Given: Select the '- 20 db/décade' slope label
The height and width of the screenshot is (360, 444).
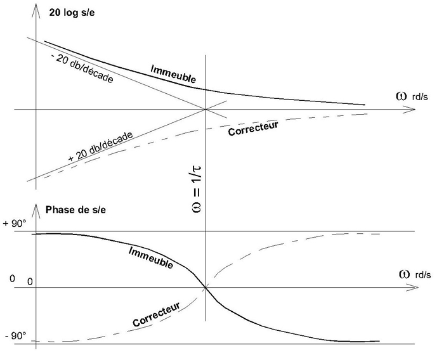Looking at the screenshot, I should [83, 70].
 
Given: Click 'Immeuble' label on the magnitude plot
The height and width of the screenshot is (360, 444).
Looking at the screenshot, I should [173, 74].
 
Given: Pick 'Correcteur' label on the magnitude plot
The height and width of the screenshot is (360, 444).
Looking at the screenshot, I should [252, 125].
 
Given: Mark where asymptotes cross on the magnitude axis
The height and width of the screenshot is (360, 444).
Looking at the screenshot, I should [206, 110].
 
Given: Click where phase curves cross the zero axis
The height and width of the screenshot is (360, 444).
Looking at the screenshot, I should [206, 288].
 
